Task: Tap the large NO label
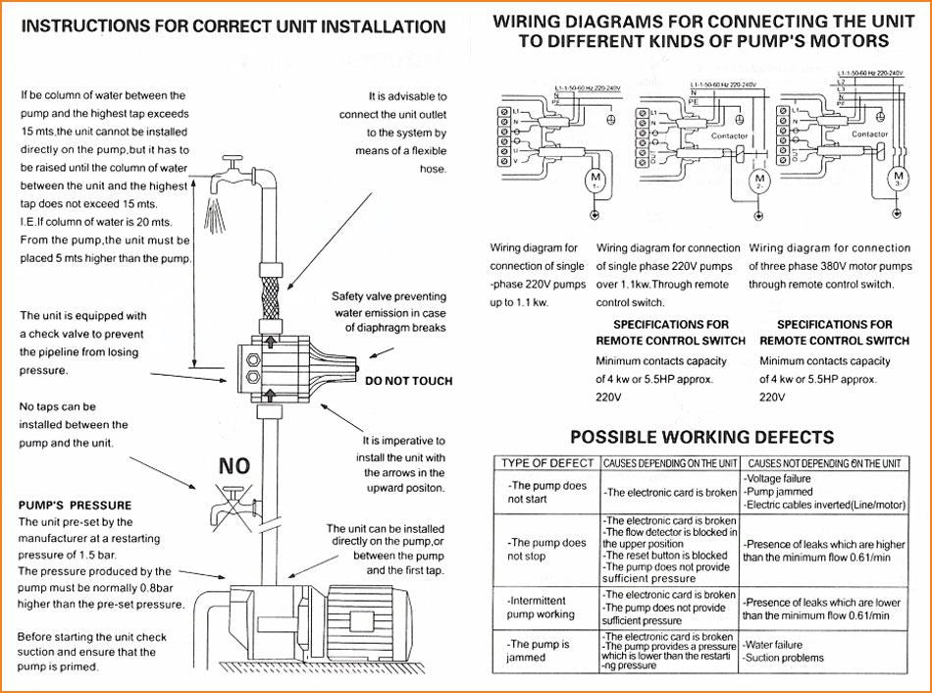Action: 233,464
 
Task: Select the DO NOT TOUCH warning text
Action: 407,380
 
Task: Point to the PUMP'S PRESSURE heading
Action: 75,506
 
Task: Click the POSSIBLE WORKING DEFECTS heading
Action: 701,438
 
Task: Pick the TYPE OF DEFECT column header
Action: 546,463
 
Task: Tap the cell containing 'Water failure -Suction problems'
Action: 785,652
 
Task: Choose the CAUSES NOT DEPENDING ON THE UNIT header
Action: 822,463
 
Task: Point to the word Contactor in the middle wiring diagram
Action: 729,136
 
